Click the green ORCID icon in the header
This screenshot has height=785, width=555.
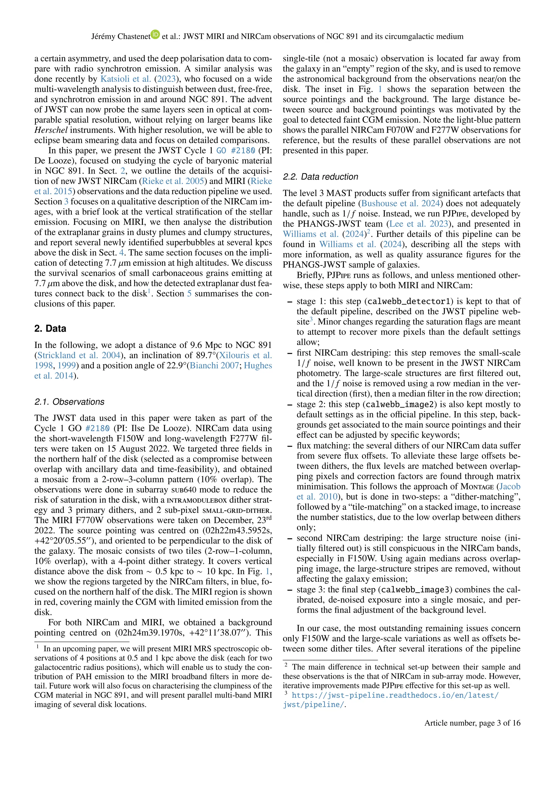coord(156,34)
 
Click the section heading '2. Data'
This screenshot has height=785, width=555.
coord(50,329)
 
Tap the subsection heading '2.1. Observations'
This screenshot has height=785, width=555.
coord(69,402)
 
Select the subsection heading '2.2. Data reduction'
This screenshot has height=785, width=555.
coord(320,177)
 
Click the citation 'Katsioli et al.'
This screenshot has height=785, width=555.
coord(125,79)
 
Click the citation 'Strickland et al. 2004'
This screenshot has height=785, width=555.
coord(79,355)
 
